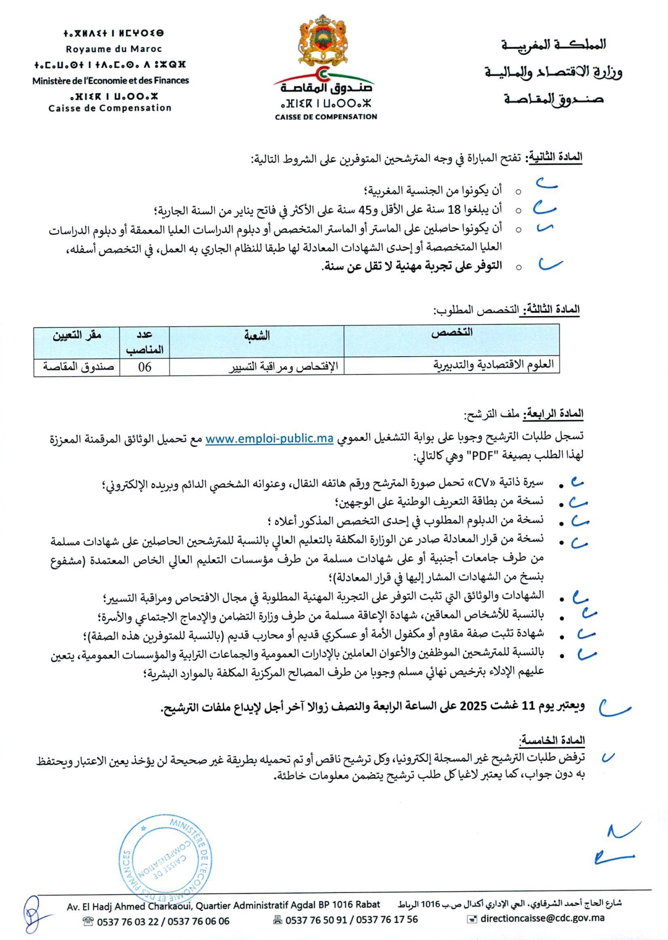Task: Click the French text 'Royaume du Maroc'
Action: click(x=114, y=49)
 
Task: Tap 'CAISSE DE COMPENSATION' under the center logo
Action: click(x=326, y=117)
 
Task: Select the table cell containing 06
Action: click(x=145, y=367)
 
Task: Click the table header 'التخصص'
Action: click(x=452, y=333)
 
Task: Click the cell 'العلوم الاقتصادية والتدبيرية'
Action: click(x=494, y=365)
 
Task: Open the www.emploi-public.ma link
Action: click(x=269, y=438)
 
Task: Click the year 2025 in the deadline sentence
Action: click(x=473, y=706)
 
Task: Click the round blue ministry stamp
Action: click(x=165, y=854)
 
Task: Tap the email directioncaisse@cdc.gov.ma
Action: click(x=542, y=918)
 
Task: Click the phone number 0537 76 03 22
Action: click(x=128, y=921)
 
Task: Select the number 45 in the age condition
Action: click(x=365, y=210)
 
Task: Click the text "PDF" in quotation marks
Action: click(x=483, y=455)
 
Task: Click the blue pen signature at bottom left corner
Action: click(x=33, y=914)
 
